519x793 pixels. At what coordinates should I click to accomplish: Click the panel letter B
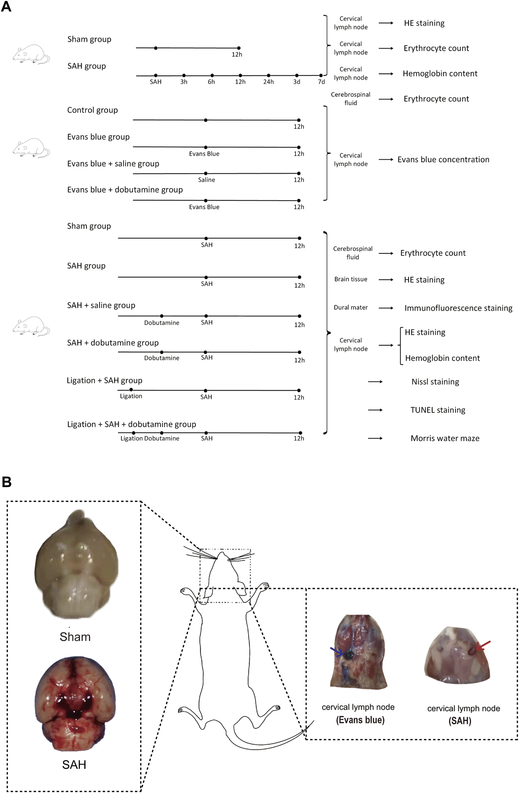(6, 482)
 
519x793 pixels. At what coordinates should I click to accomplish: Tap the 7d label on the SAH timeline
(321, 82)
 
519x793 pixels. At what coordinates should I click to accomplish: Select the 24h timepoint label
(268, 82)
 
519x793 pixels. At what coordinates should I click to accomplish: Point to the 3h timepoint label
(184, 82)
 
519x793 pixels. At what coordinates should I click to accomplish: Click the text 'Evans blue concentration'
(443, 160)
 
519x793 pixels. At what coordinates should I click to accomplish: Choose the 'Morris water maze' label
(445, 439)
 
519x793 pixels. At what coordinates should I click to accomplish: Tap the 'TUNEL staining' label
(438, 410)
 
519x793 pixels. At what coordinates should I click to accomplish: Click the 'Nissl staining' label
(435, 382)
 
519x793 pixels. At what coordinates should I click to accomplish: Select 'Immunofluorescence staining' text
(458, 308)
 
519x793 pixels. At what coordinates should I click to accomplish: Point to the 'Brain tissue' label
(351, 279)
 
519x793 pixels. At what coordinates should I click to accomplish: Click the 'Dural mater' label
(351, 308)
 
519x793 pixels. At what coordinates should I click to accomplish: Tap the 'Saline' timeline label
(206, 180)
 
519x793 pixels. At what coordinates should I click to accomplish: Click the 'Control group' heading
(92, 110)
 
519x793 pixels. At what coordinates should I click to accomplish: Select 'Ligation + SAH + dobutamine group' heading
(131, 424)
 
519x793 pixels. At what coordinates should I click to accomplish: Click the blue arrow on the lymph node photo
(337, 652)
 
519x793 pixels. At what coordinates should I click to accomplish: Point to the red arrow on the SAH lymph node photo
(483, 645)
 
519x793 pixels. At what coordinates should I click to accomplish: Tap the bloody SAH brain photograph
(75, 703)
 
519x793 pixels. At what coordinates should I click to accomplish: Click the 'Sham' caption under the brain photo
(75, 637)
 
